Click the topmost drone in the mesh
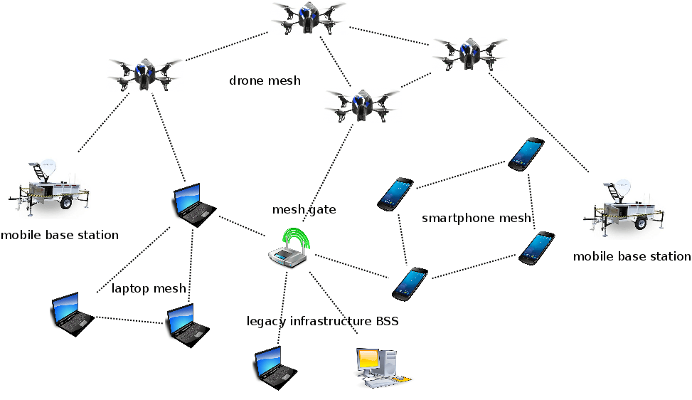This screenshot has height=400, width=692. [x=307, y=17]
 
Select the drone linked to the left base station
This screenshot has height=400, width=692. [x=145, y=73]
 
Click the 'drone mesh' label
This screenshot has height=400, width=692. [x=265, y=80]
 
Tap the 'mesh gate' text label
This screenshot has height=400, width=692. [x=304, y=209]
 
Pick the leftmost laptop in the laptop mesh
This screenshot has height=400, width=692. [x=72, y=313]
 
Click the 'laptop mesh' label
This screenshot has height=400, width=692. [x=149, y=288]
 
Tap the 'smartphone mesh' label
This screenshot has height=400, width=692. [x=477, y=218]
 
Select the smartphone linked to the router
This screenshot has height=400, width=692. [x=410, y=283]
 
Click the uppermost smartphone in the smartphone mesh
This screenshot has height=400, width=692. [x=526, y=154]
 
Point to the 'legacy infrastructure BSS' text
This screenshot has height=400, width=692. [x=322, y=321]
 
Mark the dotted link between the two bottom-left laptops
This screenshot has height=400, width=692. [x=129, y=320]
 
